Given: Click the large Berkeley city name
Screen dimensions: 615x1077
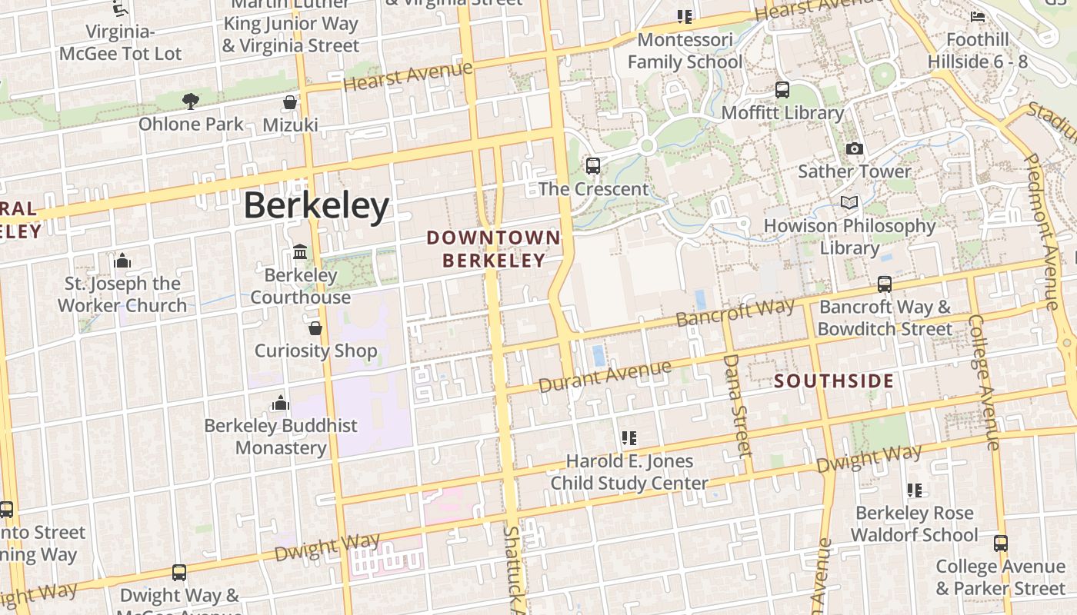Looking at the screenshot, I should click(316, 206).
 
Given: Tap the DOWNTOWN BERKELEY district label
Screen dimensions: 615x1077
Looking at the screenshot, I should click(494, 249).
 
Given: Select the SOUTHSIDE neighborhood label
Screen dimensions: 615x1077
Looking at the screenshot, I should click(834, 381).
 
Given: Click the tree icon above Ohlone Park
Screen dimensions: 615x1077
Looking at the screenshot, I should click(191, 101).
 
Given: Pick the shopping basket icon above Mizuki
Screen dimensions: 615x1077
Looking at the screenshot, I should click(290, 102).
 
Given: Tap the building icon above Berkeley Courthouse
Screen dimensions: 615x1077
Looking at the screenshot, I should click(300, 252).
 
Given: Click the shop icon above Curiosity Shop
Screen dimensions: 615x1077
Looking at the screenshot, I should click(315, 329).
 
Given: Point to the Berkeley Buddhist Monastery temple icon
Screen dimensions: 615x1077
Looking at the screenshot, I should click(281, 403).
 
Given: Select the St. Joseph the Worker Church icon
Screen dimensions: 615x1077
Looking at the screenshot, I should click(122, 261).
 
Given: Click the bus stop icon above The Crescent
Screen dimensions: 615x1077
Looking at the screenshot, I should click(593, 165).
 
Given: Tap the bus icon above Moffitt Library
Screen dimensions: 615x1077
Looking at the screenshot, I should click(782, 90).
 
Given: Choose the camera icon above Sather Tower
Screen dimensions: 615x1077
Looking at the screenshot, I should click(854, 148).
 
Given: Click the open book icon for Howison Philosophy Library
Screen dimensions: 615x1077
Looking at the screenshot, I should click(849, 202).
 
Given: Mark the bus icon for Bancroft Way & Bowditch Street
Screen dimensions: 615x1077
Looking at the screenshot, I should click(885, 284).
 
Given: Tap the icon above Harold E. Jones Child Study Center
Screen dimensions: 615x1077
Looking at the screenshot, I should click(629, 438).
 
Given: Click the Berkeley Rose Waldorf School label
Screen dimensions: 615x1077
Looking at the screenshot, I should click(914, 524).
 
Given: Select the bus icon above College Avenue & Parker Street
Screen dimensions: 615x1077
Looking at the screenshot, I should click(1000, 544).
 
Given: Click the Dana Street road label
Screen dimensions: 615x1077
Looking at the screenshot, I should click(736, 404).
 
